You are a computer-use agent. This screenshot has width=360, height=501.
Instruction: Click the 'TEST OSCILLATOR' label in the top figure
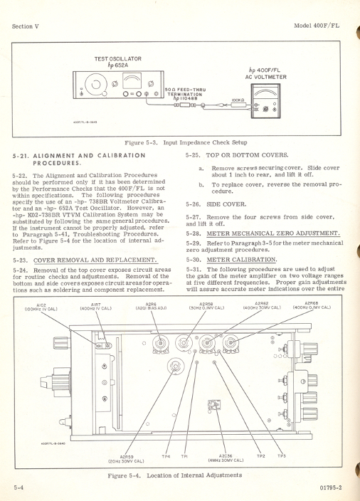(x=117, y=59)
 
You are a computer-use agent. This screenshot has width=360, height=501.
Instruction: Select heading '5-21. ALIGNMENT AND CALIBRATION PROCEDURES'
(x=78, y=159)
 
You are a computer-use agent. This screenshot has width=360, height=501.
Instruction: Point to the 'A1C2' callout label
(x=41, y=305)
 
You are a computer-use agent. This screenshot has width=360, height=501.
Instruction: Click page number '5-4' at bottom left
(x=20, y=487)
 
